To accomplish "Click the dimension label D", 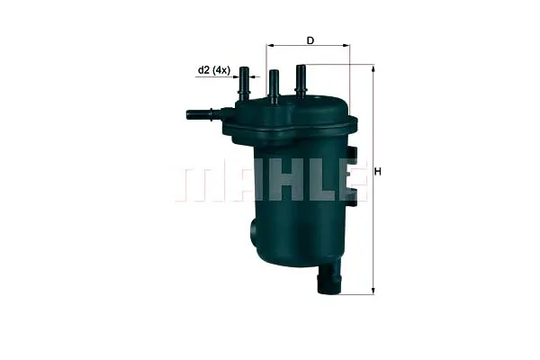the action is (310, 40).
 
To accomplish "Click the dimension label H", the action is (378, 171).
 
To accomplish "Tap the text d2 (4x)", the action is (213, 70).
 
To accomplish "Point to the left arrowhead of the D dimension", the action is (270, 45).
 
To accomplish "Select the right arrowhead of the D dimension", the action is (346, 45).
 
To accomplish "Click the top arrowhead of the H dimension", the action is (373, 70).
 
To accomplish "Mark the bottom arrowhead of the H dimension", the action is (373, 291).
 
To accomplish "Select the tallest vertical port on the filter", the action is (301, 80).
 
